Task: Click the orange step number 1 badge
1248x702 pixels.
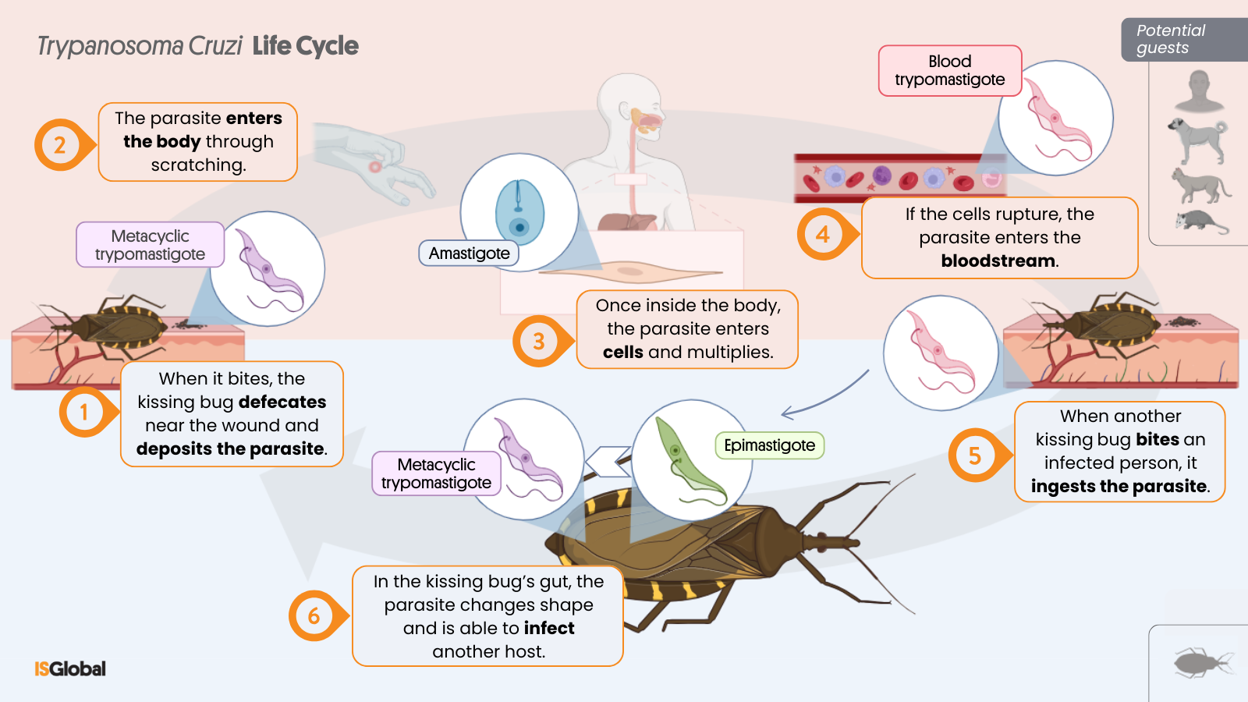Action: [83, 412]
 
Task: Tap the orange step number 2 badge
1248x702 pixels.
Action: [59, 145]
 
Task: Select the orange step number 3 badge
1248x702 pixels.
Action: [537, 342]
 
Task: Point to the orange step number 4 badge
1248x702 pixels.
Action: [822, 234]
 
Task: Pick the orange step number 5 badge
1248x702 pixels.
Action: [973, 456]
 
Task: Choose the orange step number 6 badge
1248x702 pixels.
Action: [313, 616]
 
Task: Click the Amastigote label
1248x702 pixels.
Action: [469, 253]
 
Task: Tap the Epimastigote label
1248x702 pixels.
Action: [769, 445]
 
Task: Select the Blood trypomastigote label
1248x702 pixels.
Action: [949, 71]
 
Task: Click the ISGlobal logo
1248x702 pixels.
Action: [70, 668]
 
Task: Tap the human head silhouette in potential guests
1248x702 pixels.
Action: [1200, 91]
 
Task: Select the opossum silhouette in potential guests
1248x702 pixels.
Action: [1201, 222]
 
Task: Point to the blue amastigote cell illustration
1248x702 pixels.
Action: [519, 211]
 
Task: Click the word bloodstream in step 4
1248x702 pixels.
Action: [998, 261]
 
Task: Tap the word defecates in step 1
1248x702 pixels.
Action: [282, 402]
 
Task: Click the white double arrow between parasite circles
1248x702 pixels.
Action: [608, 462]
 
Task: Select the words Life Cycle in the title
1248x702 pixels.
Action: [305, 46]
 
